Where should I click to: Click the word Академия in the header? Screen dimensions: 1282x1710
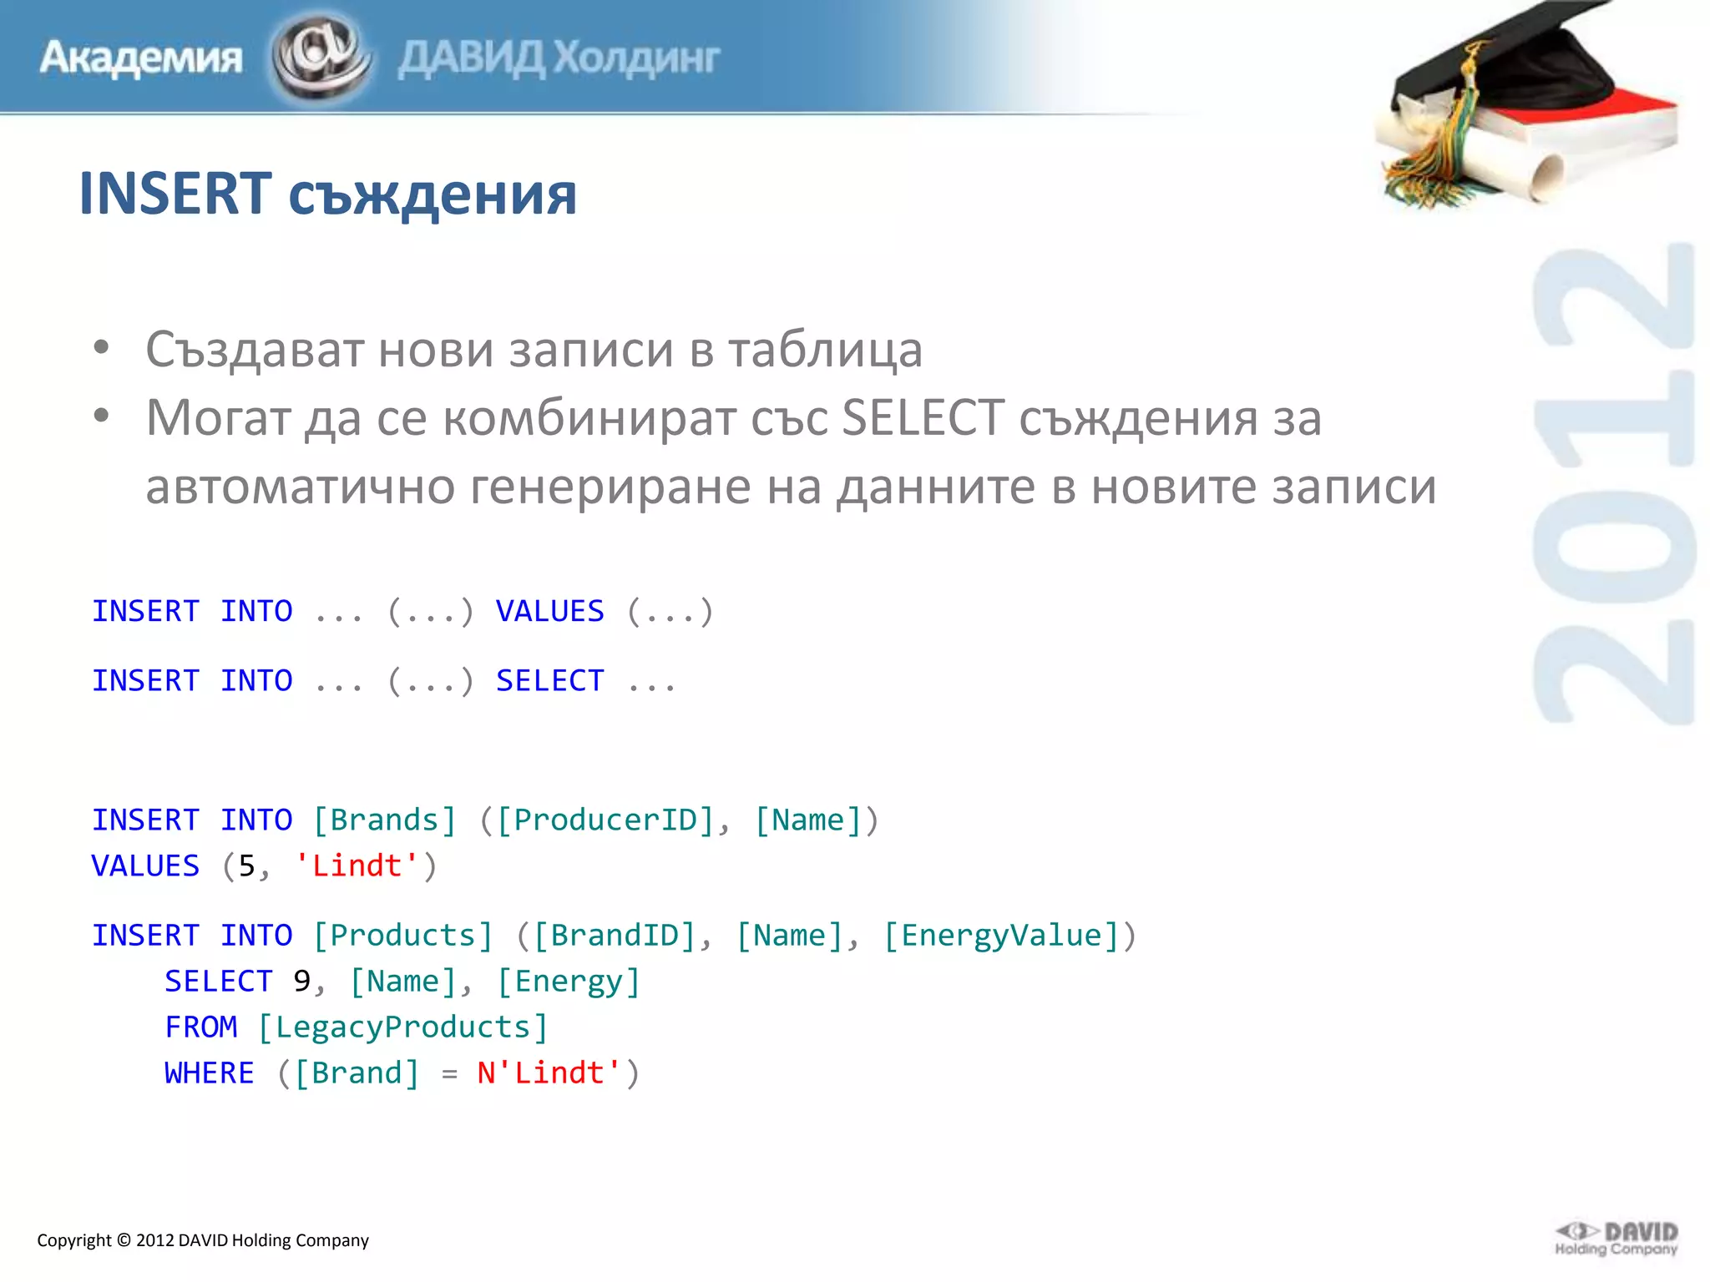pyautogui.click(x=140, y=58)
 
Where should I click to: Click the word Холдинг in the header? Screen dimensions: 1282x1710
pyautogui.click(x=636, y=58)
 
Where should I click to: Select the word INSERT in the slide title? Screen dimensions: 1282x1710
pyautogui.click(x=175, y=194)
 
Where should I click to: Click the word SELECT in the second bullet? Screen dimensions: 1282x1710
pyautogui.click(x=923, y=417)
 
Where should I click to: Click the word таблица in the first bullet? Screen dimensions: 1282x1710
pyautogui.click(x=825, y=349)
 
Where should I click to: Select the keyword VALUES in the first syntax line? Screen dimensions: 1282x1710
pyautogui.click(x=549, y=611)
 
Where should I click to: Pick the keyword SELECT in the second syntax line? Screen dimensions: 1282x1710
pyautogui.click(x=549, y=680)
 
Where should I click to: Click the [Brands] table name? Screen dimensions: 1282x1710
pyautogui.click(x=385, y=820)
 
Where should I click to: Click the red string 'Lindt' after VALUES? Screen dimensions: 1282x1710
pyautogui.click(x=357, y=866)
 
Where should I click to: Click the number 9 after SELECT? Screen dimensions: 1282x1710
pyautogui.click(x=301, y=982)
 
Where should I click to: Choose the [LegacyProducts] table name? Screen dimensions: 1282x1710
pyautogui.click(x=402, y=1027)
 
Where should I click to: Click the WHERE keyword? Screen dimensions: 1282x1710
pyautogui.click(x=209, y=1073)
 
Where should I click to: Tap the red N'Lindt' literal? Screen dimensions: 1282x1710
pyautogui.click(x=549, y=1073)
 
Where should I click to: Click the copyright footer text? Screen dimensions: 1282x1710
pyautogui.click(x=203, y=1240)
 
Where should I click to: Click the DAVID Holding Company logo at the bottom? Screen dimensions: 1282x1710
pyautogui.click(x=1616, y=1239)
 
